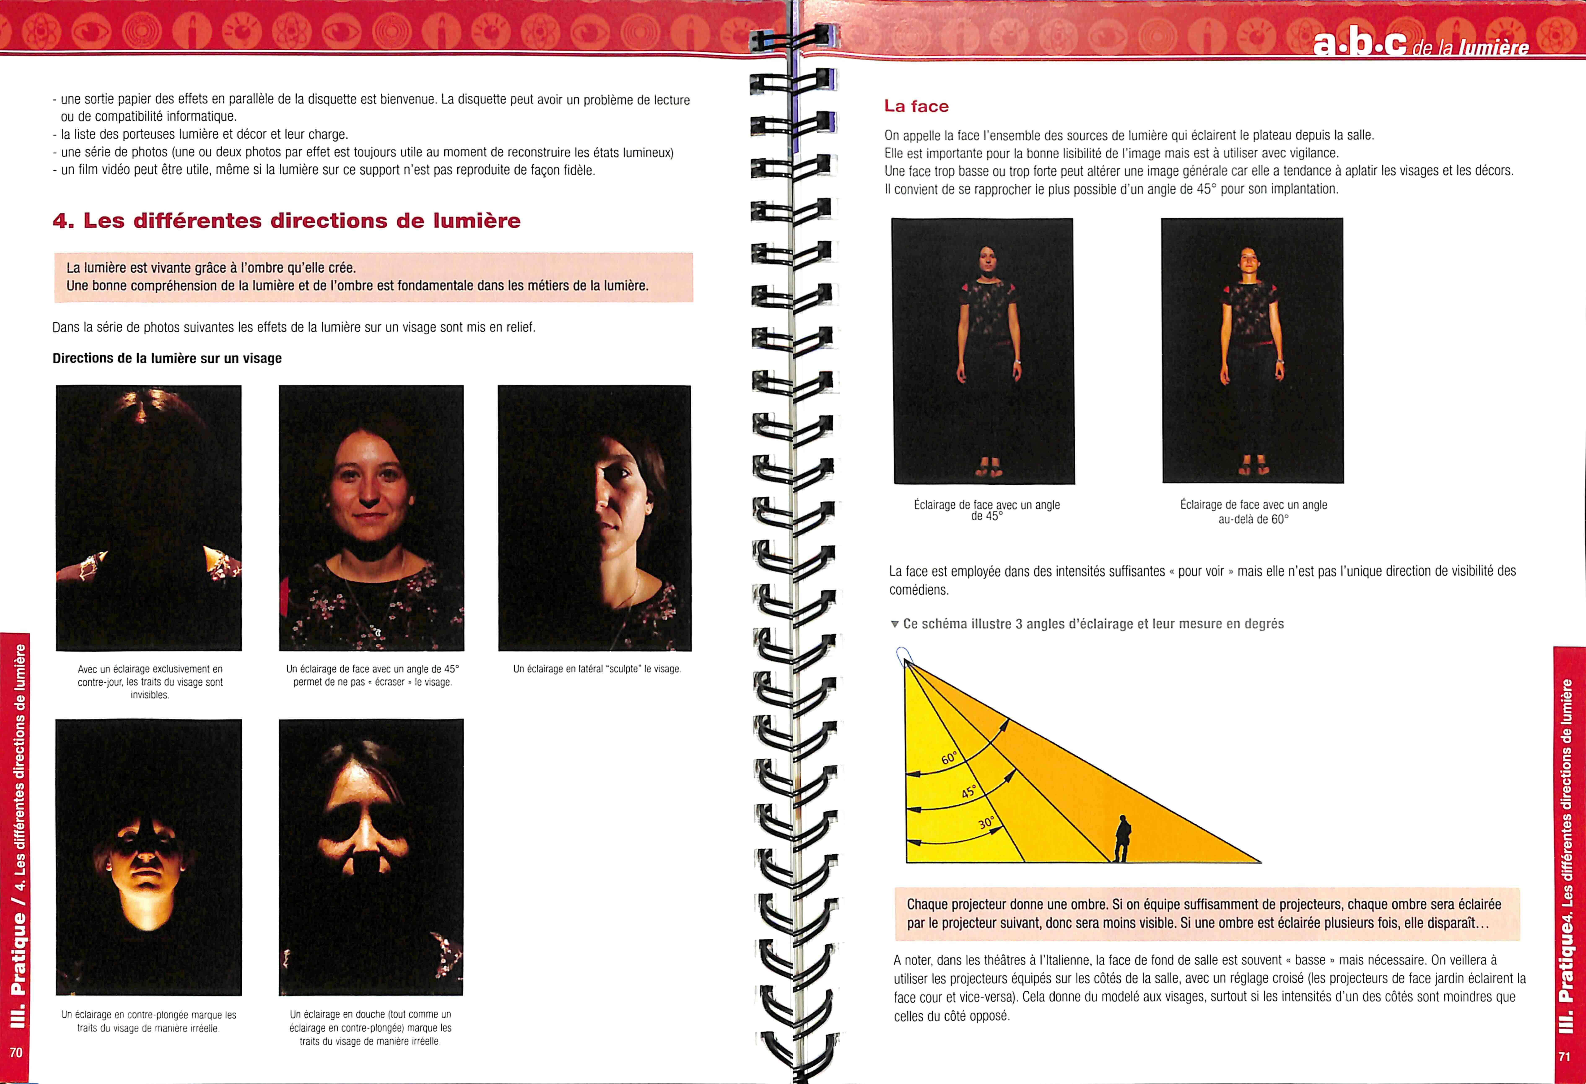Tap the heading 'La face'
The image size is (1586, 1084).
pos(916,106)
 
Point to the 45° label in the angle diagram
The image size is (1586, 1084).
pos(969,791)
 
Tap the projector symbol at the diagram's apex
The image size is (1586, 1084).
pos(903,655)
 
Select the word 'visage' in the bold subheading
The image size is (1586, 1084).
pos(262,358)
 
